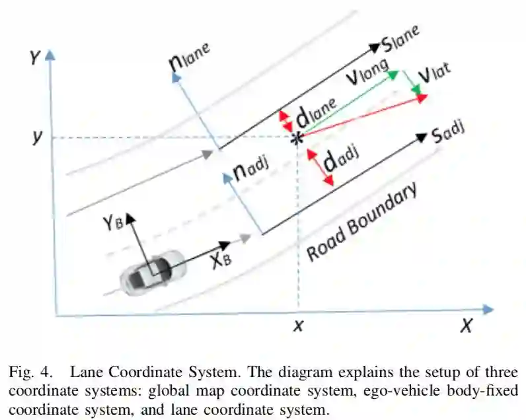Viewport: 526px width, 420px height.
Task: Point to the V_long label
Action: pos(366,79)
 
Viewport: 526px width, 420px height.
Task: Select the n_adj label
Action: pos(250,172)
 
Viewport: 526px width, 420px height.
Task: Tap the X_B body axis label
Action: pos(221,260)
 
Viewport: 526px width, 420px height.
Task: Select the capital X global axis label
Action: pos(467,326)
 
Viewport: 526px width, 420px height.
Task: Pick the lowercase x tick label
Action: pos(299,326)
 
